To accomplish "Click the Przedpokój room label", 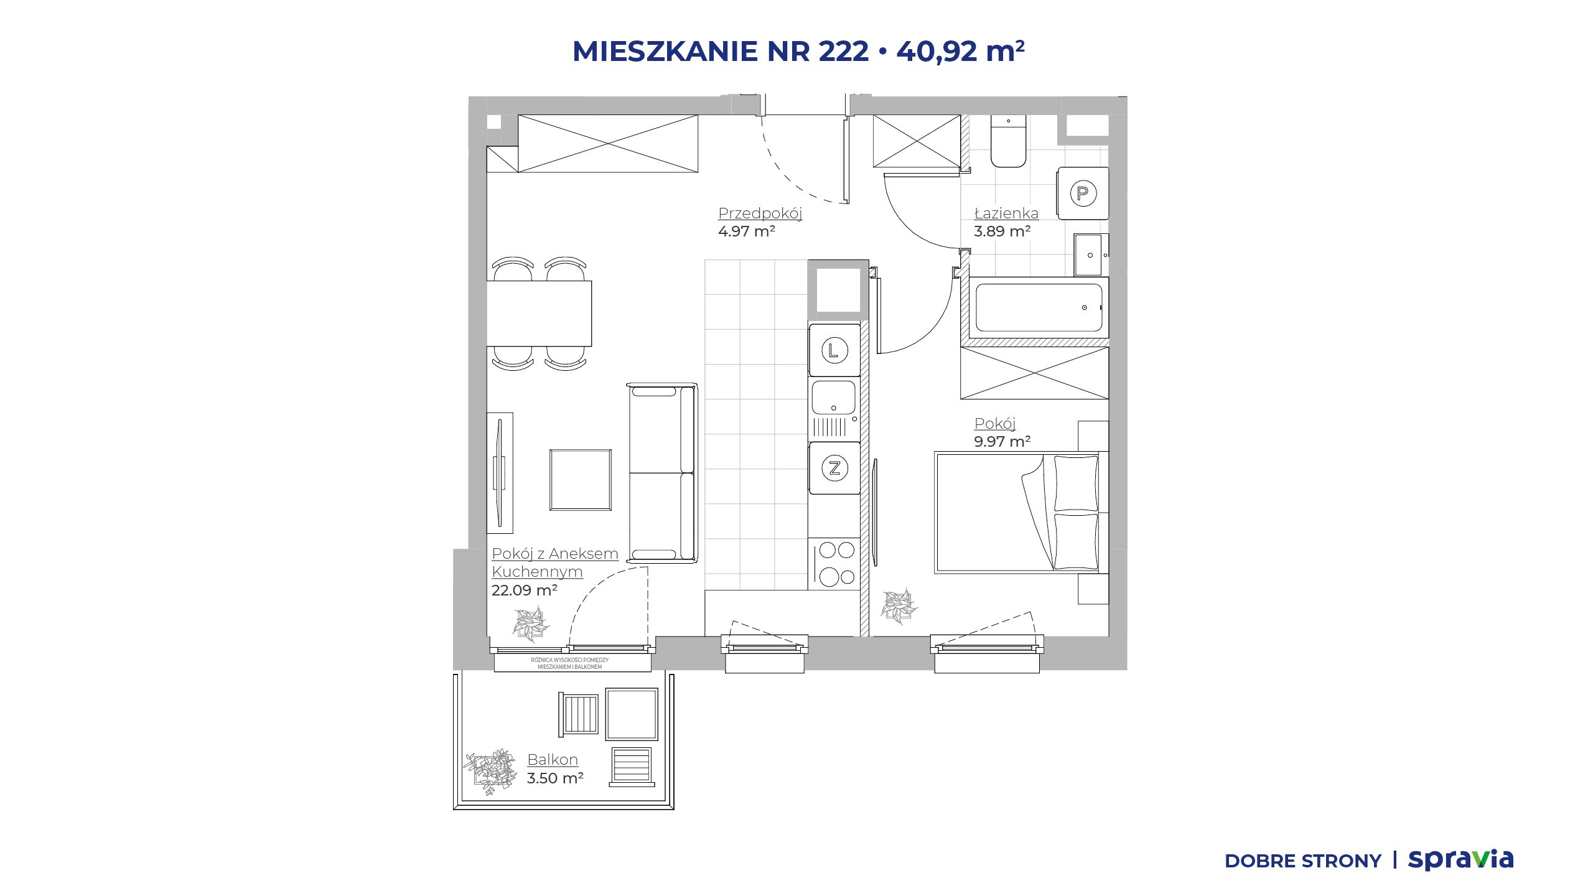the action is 760,213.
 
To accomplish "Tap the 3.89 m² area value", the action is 1002,231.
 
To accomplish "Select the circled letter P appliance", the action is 1083,193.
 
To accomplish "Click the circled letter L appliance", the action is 834,350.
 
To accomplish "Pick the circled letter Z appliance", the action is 834,468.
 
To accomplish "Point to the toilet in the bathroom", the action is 1008,141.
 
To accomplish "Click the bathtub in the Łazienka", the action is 1039,307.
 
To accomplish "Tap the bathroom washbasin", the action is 1091,254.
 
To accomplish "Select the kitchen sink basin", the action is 834,398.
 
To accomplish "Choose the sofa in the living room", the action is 662,473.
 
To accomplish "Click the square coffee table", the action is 581,480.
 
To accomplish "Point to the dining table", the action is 539,314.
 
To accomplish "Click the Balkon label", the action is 553,760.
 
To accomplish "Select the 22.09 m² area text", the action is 525,590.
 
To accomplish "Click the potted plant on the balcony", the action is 490,772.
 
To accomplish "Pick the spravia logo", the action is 1460,860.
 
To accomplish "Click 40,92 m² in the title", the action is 960,51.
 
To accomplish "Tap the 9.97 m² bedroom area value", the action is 1002,442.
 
